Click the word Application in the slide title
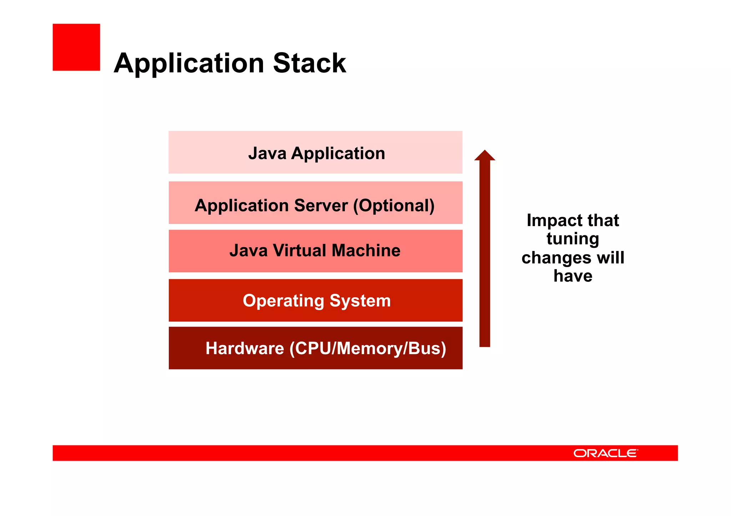click(189, 63)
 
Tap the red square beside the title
click(76, 47)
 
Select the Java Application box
click(316, 153)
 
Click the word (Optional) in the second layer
click(394, 205)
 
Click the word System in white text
click(360, 301)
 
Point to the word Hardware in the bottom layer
click(244, 348)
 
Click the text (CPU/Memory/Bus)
click(368, 348)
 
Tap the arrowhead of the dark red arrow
click(484, 156)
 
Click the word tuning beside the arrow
click(573, 239)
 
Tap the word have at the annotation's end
click(573, 276)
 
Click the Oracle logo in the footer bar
click(605, 453)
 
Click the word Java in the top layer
click(267, 153)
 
